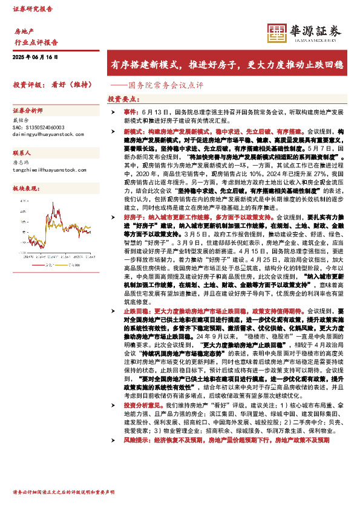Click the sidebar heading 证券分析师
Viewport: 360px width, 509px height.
pyautogui.click(x=28, y=111)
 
